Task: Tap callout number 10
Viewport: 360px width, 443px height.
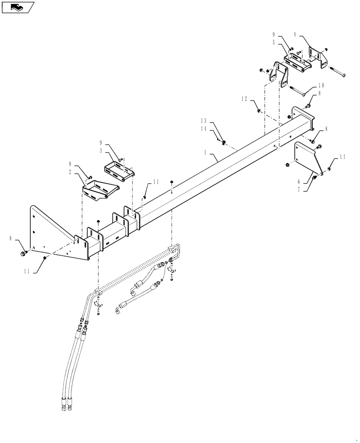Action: (321, 85)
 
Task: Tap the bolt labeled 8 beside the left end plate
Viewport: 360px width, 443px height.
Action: (23, 253)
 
